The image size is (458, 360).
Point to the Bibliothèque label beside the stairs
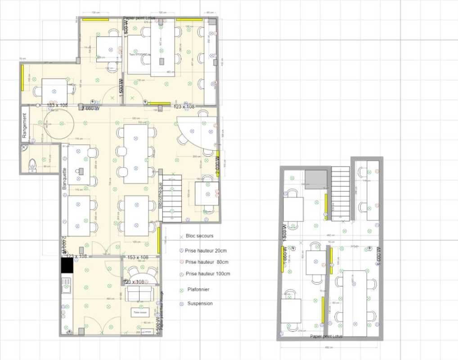pyautogui.click(x=161, y=195)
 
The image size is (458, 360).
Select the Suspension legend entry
pyautogui.click(x=200, y=303)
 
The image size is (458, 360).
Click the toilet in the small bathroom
pyautogui.click(x=32, y=165)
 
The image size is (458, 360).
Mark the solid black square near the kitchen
pyautogui.click(x=67, y=265)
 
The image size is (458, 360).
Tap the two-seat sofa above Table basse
pyautogui.click(x=140, y=294)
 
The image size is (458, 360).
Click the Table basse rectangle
pyautogui.click(x=139, y=312)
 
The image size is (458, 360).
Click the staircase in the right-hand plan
pyautogui.click(x=341, y=193)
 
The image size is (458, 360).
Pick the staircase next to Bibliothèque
pyautogui.click(x=171, y=198)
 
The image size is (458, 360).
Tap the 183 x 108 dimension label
pyautogui.click(x=58, y=105)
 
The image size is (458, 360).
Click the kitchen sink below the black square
pyautogui.click(x=66, y=286)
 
